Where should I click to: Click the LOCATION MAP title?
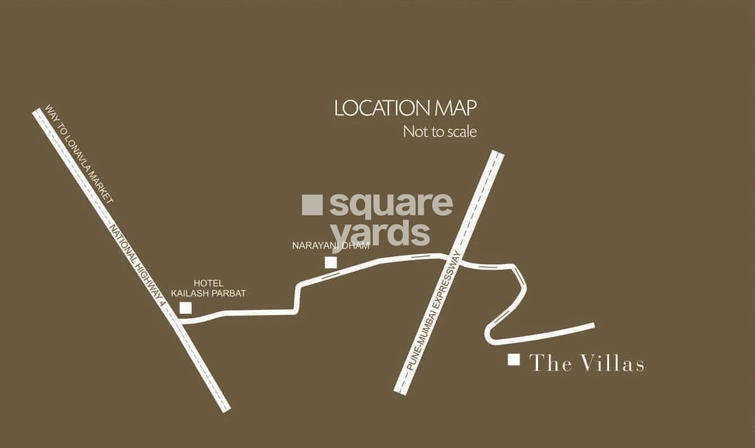(x=405, y=108)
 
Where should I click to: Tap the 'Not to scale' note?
(x=439, y=132)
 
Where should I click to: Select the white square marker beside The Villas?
(x=513, y=359)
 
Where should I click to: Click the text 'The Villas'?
(x=587, y=363)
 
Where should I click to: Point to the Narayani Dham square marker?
(x=331, y=262)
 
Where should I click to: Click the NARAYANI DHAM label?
(x=331, y=245)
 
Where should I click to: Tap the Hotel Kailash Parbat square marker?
(x=185, y=308)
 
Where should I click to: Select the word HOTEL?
(x=208, y=283)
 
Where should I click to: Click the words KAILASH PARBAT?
(x=208, y=293)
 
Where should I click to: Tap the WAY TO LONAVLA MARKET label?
(x=79, y=153)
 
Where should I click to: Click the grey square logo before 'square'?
(x=312, y=205)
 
